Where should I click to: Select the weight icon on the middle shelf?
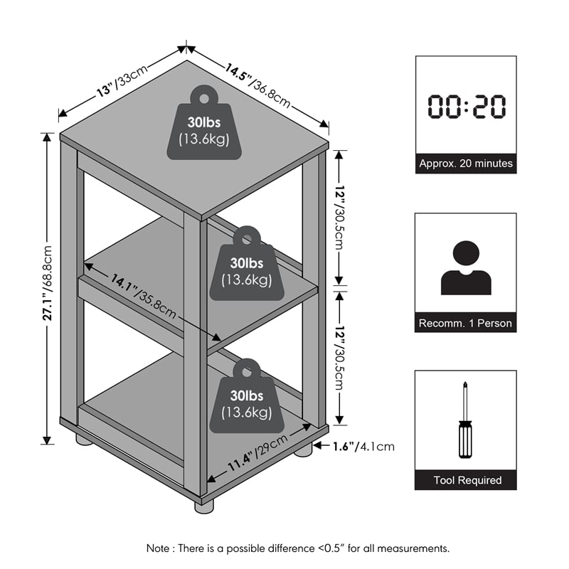(x=246, y=265)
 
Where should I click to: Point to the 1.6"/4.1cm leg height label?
(x=363, y=447)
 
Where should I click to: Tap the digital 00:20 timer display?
(x=466, y=107)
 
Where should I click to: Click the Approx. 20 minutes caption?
(x=466, y=164)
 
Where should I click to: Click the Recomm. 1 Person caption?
(x=466, y=323)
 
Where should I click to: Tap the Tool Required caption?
(x=466, y=480)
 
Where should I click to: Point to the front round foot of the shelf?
(x=203, y=506)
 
